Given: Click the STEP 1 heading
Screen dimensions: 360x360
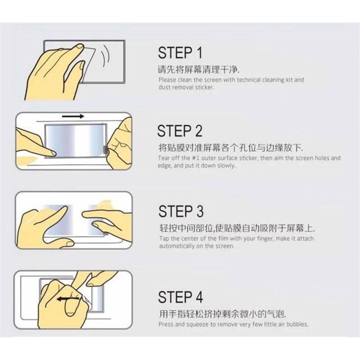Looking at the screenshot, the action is coord(180,53).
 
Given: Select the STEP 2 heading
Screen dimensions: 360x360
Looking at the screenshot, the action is coord(180,131).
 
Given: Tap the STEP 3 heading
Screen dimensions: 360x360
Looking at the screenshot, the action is coord(181,211).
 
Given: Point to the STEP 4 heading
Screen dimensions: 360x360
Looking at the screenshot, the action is coord(180,297).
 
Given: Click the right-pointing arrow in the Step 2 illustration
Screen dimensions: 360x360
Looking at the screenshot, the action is coord(73,117).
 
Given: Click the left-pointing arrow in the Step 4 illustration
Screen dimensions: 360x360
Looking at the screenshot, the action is coord(68,299).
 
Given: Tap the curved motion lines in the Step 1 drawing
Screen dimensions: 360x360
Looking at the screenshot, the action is coord(106,55).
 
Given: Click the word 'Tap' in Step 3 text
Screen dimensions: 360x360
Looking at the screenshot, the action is coord(164,238).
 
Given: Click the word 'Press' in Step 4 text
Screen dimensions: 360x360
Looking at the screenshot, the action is coord(166,324).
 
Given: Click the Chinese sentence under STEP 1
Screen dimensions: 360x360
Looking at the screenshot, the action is coord(198,69).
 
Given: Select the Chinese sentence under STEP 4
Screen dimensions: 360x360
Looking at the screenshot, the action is coord(222,314).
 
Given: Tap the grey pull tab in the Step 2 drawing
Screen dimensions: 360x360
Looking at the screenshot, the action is coord(106,149).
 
